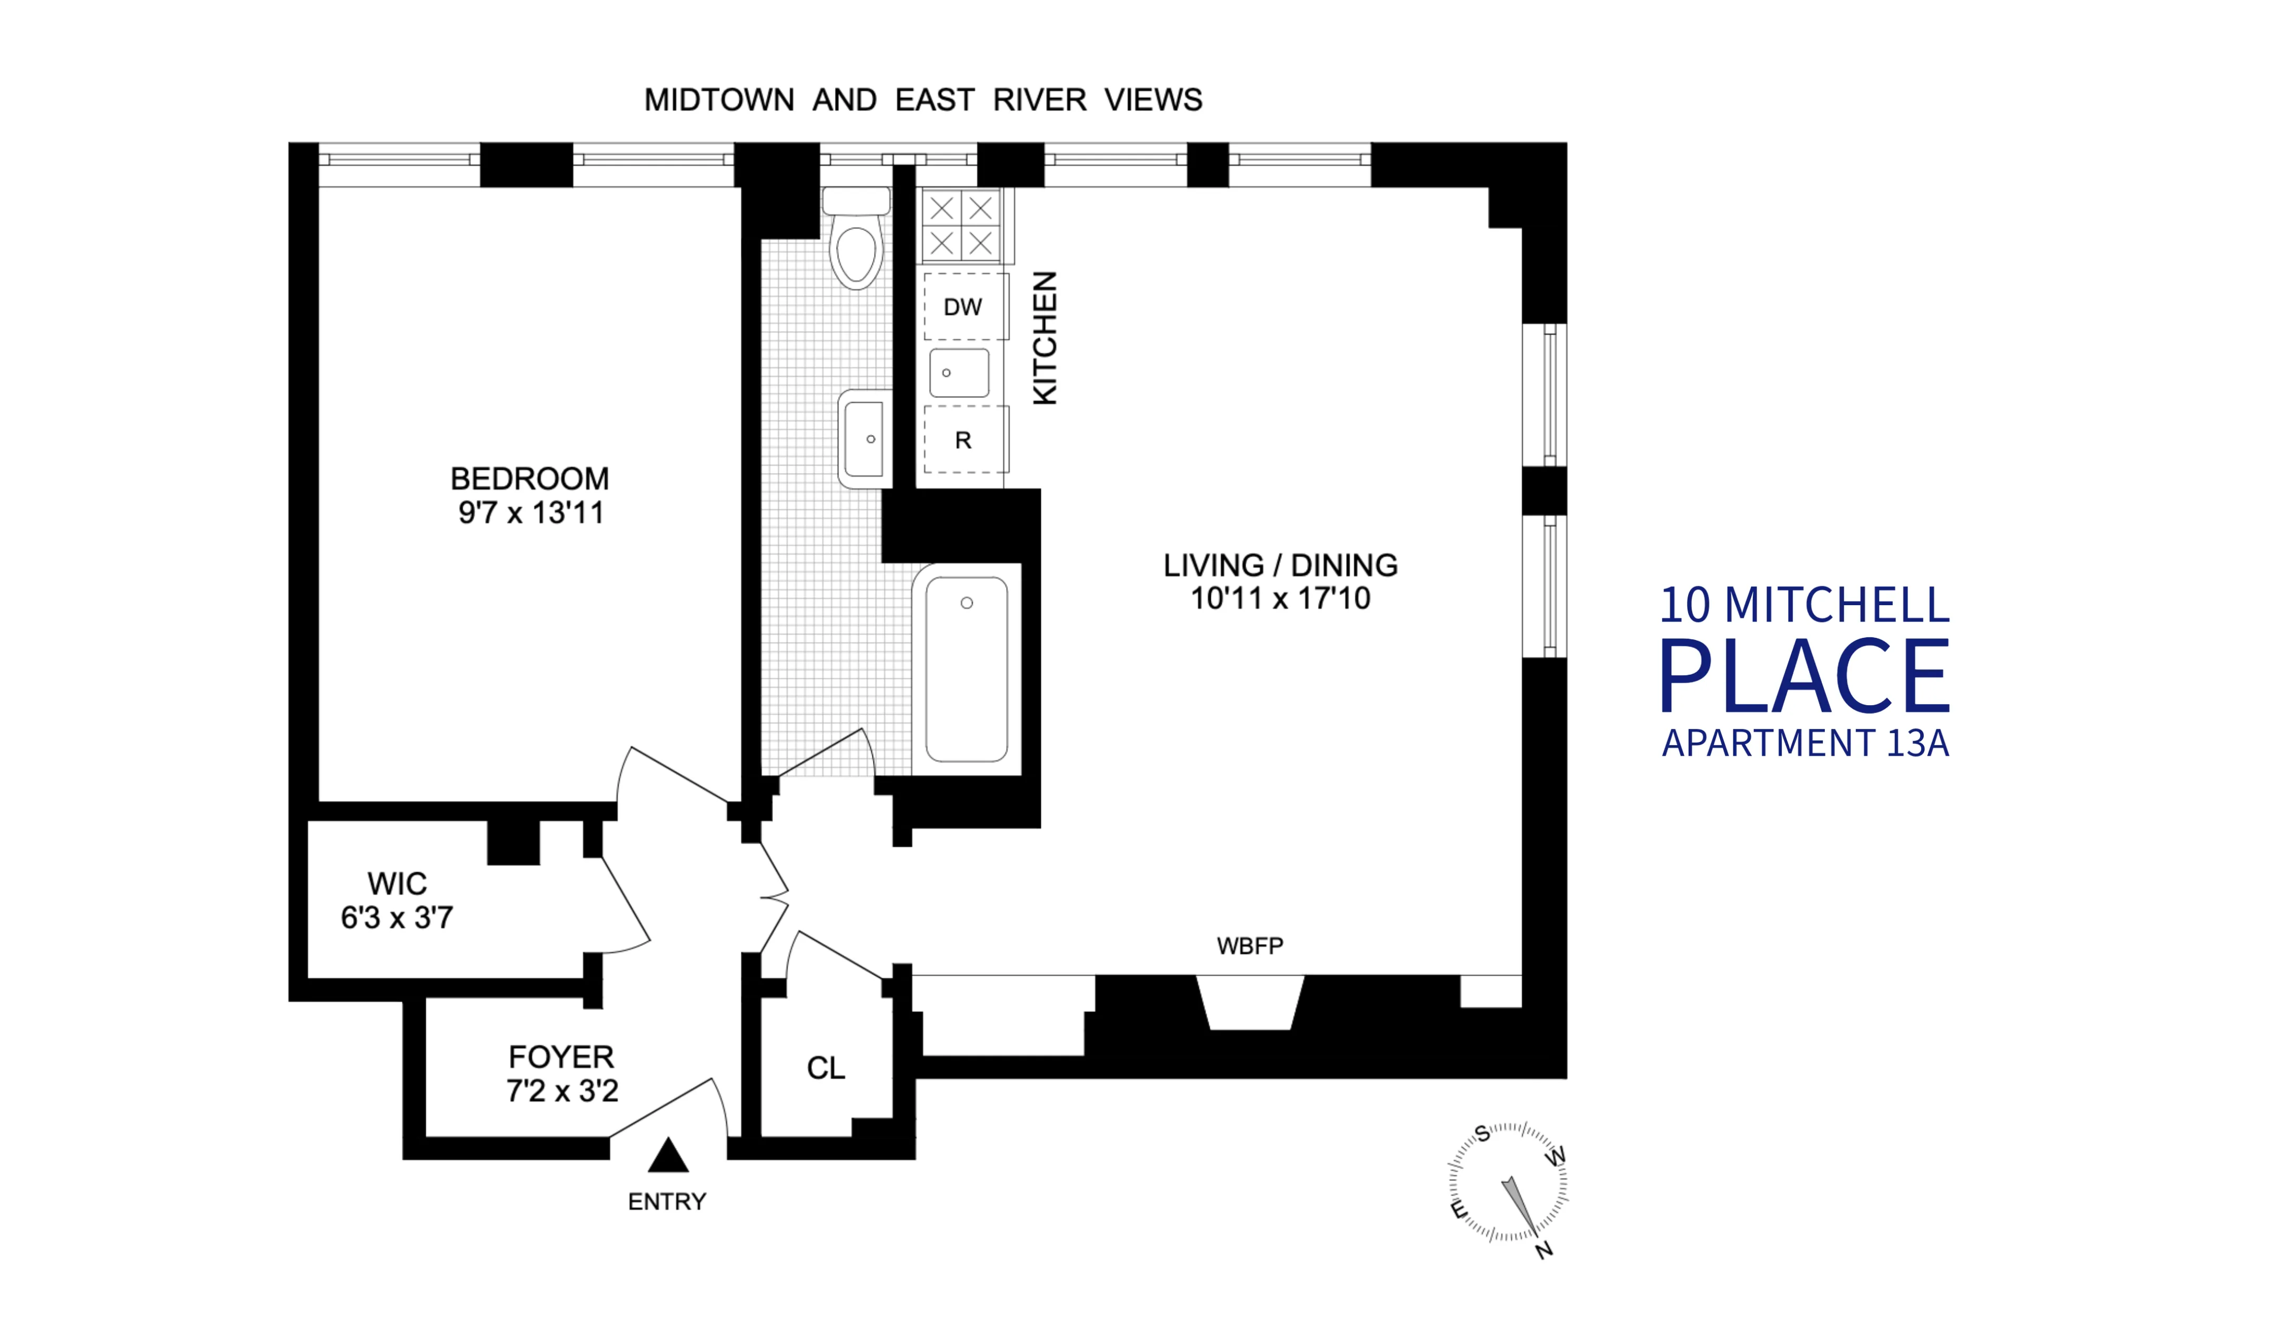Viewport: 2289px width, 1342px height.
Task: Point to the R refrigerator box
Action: point(963,440)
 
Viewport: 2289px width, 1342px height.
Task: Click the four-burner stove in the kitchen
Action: point(961,225)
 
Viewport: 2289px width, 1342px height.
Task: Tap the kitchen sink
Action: point(958,373)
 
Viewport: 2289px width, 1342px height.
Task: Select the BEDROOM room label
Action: point(529,479)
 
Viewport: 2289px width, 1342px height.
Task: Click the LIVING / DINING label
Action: point(1280,565)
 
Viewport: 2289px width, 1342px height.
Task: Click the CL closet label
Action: point(826,1068)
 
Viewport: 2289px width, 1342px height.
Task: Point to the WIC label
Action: point(397,883)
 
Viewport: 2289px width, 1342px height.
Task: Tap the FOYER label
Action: point(561,1057)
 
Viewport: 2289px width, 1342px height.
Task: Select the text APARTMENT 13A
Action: point(1805,743)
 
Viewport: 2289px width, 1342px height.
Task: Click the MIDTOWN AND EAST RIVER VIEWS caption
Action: point(923,100)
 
